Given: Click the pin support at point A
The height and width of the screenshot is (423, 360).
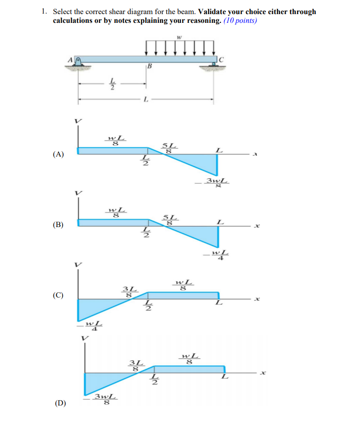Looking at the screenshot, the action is [x=78, y=62].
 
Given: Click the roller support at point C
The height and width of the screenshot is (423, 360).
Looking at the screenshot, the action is [x=213, y=64].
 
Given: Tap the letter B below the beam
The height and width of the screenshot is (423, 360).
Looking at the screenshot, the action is [x=150, y=66].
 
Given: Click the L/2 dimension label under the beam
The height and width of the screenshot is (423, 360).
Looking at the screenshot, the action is [x=112, y=84].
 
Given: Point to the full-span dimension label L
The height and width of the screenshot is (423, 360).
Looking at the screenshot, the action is [x=146, y=100].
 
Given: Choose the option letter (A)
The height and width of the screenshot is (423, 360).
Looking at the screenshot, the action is [x=58, y=154].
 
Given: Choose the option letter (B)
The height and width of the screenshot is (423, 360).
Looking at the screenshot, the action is [x=58, y=225].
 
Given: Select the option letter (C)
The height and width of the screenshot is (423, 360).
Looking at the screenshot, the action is [x=58, y=295].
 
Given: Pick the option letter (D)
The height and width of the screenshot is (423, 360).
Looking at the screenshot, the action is [x=60, y=403].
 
